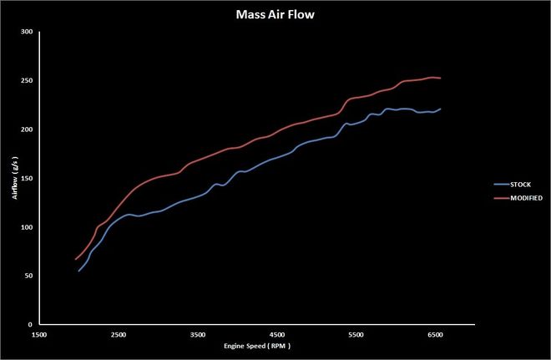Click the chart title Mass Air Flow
tap(274, 13)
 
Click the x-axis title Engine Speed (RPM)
tap(257, 345)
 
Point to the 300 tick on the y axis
tap(27, 32)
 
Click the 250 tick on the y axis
tap(27, 81)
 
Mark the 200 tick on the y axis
tap(27, 129)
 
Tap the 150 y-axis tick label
tap(27, 179)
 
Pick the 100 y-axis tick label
tap(27, 227)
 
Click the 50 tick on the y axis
tap(28, 276)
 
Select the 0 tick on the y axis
tap(30, 325)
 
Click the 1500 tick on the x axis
tap(38, 334)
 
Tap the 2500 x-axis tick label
tap(118, 334)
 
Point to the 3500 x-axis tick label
tap(197, 334)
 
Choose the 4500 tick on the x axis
tap(276, 334)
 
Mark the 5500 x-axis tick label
tap(356, 334)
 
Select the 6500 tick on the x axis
tap(435, 334)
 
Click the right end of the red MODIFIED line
tap(440, 79)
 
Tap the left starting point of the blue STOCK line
tap(78, 271)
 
